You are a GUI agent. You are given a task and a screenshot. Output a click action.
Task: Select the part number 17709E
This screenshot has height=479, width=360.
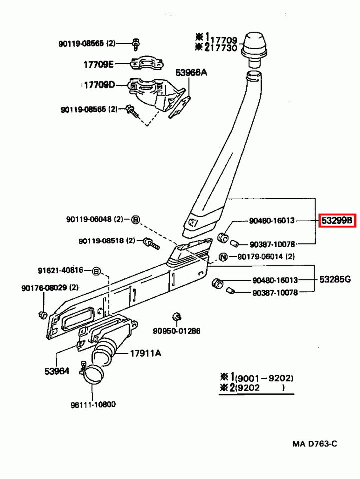pos(98,64)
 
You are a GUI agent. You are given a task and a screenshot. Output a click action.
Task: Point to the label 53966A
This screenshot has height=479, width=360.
pos(191,73)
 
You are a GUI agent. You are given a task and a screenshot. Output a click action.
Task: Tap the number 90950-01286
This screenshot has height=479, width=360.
pos(176,331)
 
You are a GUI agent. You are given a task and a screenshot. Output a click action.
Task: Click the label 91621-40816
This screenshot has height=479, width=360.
pos(61,271)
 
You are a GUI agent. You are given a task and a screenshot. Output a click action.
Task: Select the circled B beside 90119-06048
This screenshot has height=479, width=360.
pos(135,219)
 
